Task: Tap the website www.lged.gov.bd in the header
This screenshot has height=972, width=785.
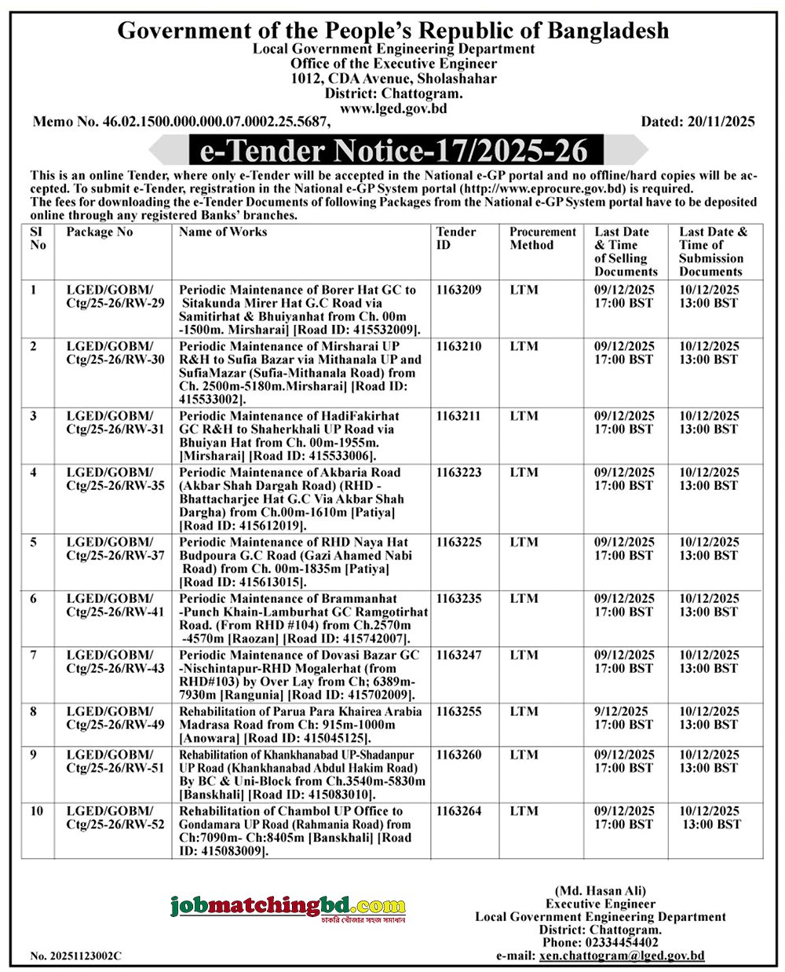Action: pyautogui.click(x=393, y=108)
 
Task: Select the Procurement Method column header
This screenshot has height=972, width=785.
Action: pyautogui.click(x=542, y=239)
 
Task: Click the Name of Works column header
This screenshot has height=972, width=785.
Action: pyautogui.click(x=223, y=232)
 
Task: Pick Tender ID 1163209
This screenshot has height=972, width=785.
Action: pyautogui.click(x=459, y=290)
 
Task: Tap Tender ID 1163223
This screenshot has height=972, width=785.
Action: pyautogui.click(x=459, y=473)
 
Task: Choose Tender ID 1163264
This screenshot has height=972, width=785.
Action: pyautogui.click(x=459, y=811)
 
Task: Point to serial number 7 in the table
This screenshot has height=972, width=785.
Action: pyautogui.click(x=34, y=655)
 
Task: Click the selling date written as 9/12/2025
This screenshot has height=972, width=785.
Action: pyautogui.click(x=621, y=711)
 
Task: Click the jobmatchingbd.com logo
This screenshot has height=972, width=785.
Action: pyautogui.click(x=288, y=908)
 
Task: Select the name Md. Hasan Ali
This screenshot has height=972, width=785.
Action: pyautogui.click(x=600, y=890)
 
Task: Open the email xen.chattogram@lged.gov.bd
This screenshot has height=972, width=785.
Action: pyautogui.click(x=622, y=956)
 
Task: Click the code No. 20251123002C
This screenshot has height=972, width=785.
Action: pyautogui.click(x=75, y=956)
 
